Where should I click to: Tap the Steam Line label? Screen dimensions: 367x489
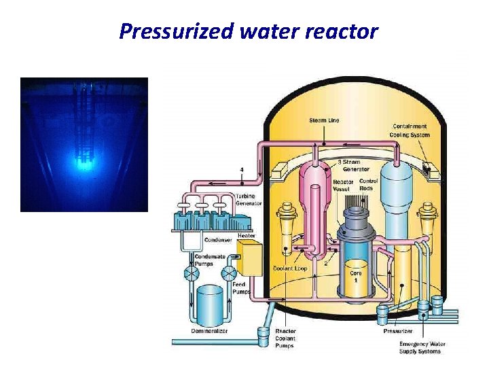click(324, 120)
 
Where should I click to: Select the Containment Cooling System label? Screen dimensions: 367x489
click(410, 130)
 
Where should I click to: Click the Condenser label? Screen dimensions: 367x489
click(219, 240)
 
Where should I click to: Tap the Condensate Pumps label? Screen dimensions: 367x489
click(204, 260)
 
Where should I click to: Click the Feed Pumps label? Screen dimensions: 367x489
click(239, 288)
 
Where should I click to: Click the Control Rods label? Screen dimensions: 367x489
click(368, 185)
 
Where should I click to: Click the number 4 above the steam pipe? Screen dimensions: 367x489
click(242, 169)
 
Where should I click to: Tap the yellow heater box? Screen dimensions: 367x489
click(249, 258)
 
